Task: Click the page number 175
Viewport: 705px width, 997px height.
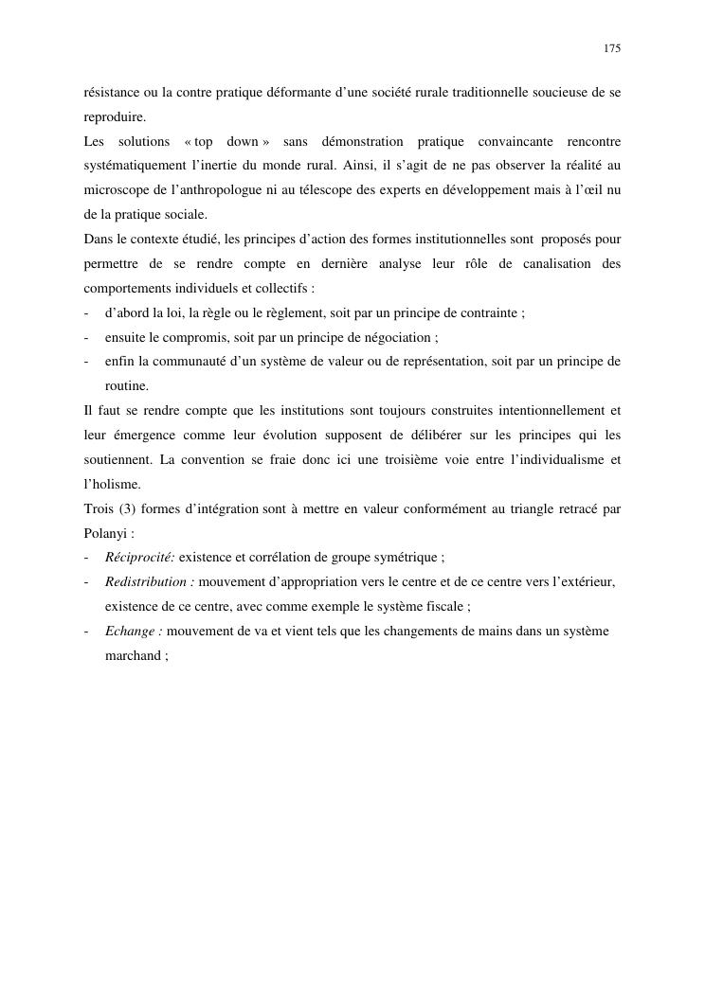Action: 611,48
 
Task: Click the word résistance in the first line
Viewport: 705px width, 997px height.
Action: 109,92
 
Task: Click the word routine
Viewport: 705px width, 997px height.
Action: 126,386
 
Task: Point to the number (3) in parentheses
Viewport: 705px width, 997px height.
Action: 125,508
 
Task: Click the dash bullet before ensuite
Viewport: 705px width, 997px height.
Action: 86,337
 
